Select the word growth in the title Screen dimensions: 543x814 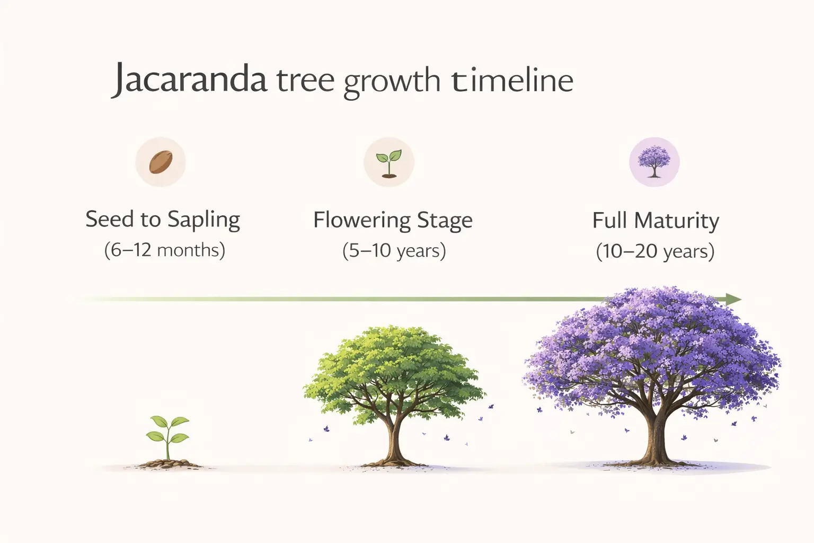click(x=392, y=83)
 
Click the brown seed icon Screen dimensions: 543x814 click(x=161, y=162)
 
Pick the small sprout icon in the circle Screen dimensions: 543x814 click(x=388, y=162)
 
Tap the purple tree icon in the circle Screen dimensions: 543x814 click(x=654, y=162)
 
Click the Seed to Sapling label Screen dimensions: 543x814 click(x=163, y=220)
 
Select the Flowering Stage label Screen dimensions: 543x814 click(x=393, y=221)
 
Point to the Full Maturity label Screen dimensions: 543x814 click(x=656, y=221)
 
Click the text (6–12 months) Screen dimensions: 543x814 click(x=164, y=250)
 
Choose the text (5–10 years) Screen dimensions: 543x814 click(x=394, y=250)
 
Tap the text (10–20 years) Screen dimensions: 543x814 click(x=655, y=251)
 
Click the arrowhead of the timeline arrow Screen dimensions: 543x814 click(x=734, y=299)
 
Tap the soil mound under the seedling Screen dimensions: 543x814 click(x=169, y=464)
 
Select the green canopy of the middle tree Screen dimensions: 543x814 click(x=395, y=366)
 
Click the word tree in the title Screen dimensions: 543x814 click(x=305, y=81)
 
